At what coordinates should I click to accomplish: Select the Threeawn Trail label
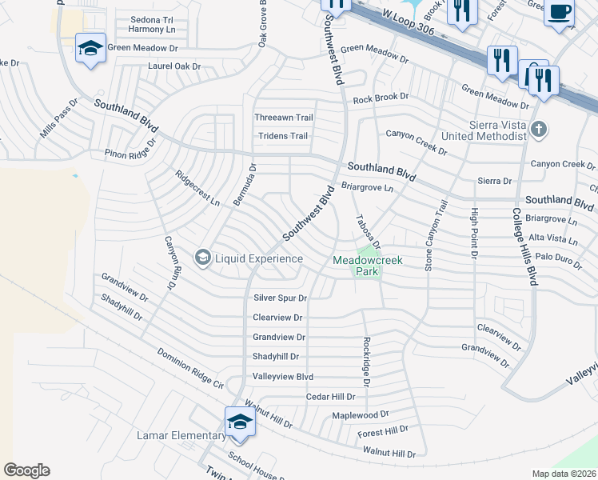[x=284, y=118]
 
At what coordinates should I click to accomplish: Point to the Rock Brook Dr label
[x=381, y=98]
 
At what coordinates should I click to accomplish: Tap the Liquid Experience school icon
[x=202, y=258]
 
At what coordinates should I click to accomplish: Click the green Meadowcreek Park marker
[x=368, y=256]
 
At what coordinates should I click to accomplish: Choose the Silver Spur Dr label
[x=280, y=298]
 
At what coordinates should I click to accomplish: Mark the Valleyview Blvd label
[x=282, y=377]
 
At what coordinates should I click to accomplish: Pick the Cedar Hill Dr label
[x=330, y=397]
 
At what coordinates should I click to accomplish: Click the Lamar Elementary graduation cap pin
[x=239, y=421]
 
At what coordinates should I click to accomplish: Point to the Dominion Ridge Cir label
[x=190, y=368]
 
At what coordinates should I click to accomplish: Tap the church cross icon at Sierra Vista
[x=540, y=129]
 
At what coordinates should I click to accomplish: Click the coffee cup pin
[x=559, y=12]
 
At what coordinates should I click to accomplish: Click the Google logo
[x=26, y=470]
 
